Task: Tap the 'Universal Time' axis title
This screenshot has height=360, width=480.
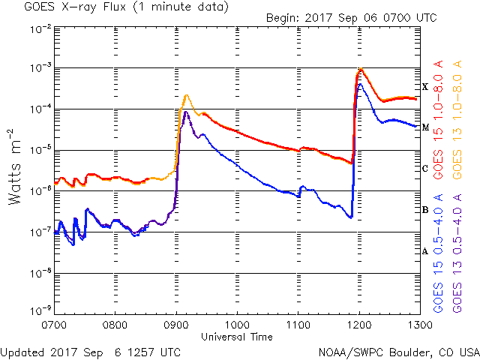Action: pos(237,337)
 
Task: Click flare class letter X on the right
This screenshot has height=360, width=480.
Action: pos(425,87)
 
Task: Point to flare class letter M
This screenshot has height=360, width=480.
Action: pos(425,127)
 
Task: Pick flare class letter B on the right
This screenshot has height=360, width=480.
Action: pos(425,210)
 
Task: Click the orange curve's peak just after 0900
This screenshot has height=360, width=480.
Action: pos(187,95)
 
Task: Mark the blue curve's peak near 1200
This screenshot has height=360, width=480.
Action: pos(361,84)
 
